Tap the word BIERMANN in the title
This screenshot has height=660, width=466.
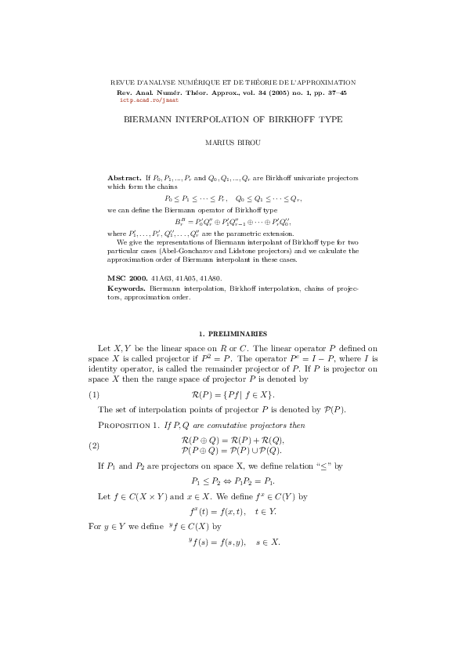coord(152,120)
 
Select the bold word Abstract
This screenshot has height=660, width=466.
coord(121,179)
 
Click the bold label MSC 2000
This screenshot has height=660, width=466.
coord(126,277)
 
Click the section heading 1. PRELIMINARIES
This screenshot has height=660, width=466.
coord(233,333)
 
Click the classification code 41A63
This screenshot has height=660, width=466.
coord(163,277)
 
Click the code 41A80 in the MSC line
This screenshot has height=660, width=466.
coord(210,277)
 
